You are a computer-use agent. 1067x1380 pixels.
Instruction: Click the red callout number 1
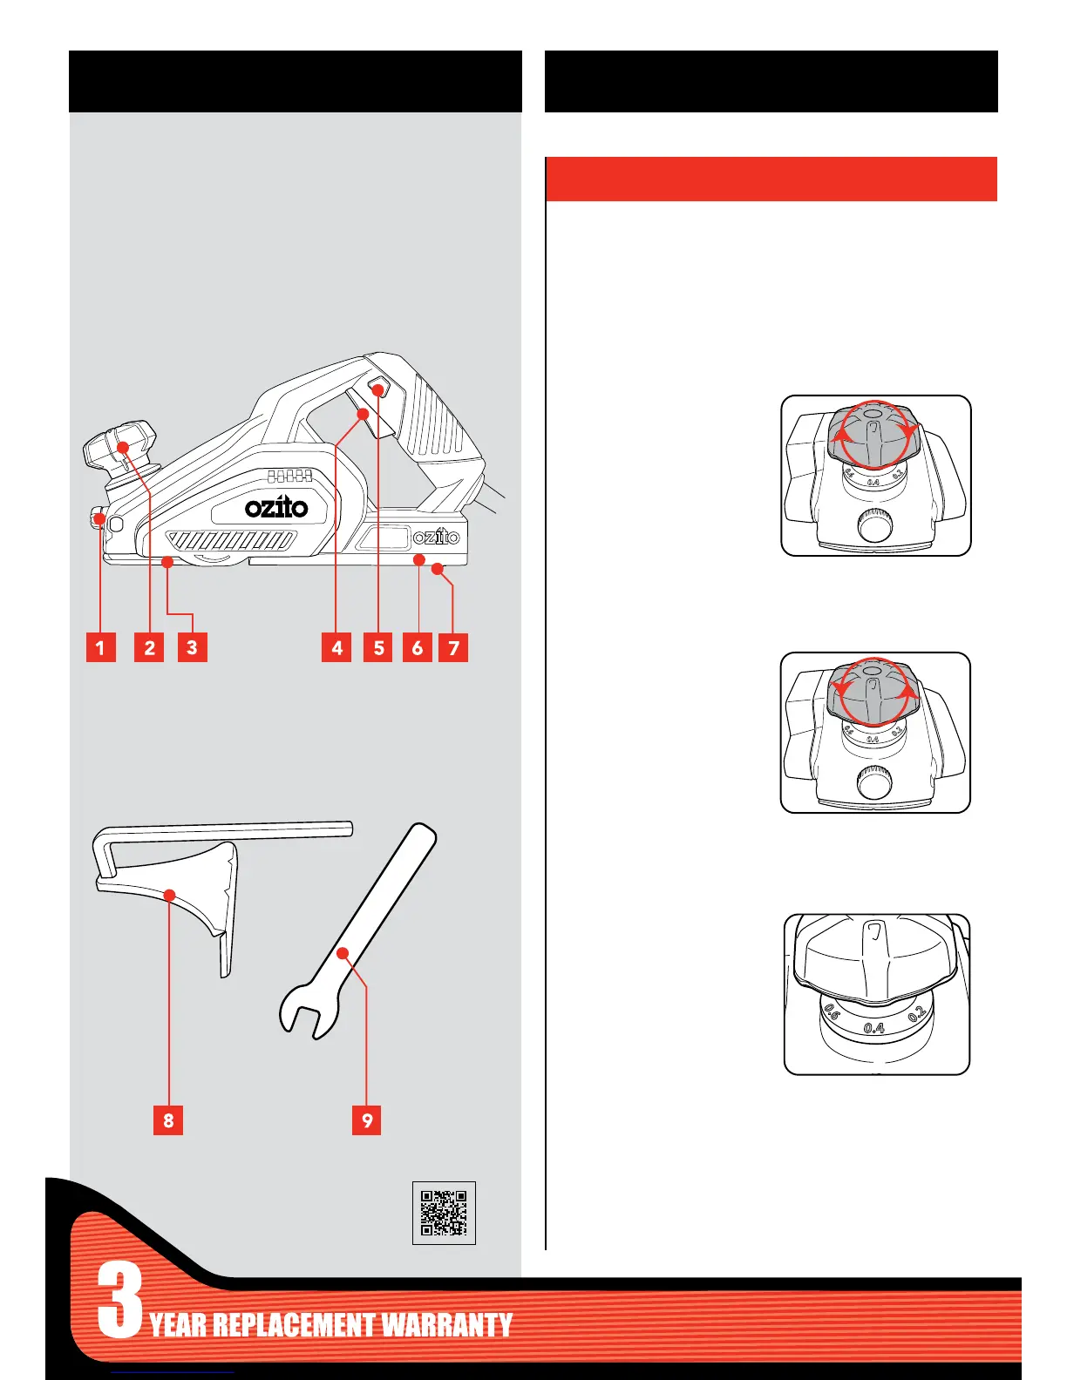point(101,647)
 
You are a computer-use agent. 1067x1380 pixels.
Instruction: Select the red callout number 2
point(150,647)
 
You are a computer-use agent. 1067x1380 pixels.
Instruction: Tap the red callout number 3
point(192,647)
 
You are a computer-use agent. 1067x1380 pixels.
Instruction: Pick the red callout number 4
point(336,647)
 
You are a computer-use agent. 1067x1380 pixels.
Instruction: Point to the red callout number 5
point(378,647)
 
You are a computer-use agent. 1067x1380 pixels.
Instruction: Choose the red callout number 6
point(418,647)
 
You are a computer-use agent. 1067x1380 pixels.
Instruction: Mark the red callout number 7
point(453,647)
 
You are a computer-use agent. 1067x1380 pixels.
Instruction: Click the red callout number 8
point(168,1120)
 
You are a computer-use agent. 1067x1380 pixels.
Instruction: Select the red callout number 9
point(367,1120)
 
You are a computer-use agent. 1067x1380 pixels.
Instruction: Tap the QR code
point(444,1213)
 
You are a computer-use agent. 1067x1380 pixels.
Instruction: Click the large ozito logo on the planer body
point(275,506)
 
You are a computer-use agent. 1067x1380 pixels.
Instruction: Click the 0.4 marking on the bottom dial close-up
point(874,1028)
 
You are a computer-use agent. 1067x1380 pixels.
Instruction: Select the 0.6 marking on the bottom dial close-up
point(831,1013)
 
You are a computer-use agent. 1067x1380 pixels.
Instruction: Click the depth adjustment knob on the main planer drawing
point(120,443)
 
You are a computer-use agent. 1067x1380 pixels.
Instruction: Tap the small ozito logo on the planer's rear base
point(436,537)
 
